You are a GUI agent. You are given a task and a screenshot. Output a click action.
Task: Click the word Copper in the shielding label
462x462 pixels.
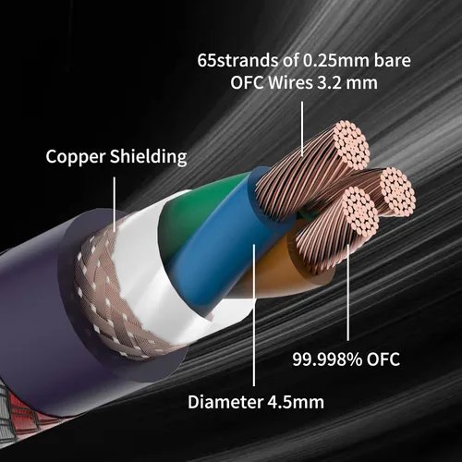[76, 157]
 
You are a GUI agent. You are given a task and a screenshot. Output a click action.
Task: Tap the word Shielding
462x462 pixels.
[149, 156]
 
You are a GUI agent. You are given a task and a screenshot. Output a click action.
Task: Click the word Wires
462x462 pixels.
[290, 82]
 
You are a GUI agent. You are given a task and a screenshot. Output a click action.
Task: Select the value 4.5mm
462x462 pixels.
[296, 402]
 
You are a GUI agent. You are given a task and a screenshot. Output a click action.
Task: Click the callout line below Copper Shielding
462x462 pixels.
[115, 204]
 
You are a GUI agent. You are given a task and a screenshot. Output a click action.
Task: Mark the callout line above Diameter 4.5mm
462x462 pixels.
[254, 315]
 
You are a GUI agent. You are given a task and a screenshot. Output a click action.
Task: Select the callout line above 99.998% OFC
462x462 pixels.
[348, 293]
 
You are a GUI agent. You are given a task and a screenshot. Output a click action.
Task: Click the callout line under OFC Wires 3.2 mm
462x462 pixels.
[302, 129]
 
